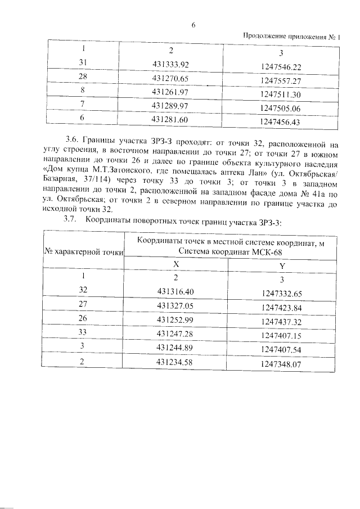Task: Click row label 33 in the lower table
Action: [x=83, y=334]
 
